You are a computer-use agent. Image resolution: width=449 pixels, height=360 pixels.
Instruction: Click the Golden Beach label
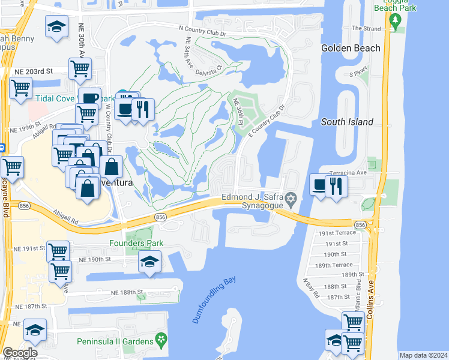pos(351,48)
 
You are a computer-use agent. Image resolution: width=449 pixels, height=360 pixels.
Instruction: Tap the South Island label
pos(347,122)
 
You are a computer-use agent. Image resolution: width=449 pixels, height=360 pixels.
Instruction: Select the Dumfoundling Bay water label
pos(214,299)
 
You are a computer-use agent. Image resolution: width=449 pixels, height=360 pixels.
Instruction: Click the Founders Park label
pos(136,243)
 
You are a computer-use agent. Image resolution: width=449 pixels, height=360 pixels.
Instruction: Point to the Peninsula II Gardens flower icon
pos(160,341)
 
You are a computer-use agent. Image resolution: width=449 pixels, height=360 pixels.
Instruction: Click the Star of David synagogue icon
pos(291,198)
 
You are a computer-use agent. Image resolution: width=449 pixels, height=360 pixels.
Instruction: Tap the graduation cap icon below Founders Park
pos(149,260)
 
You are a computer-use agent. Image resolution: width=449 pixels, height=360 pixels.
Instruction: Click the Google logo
pos(19,353)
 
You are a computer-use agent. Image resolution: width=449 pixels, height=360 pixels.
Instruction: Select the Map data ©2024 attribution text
pos(423,355)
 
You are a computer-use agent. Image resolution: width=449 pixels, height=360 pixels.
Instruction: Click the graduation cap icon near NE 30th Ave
pos(56,27)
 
